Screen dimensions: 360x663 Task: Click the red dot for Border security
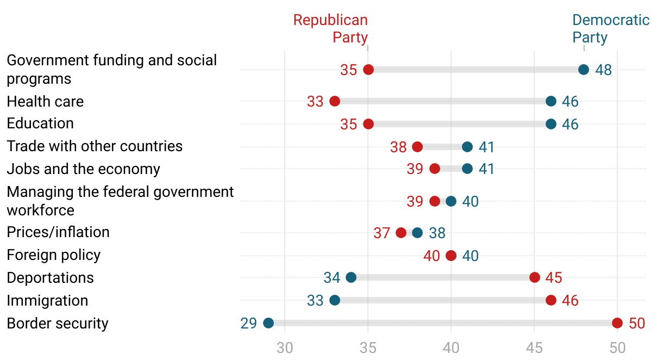pos(617,323)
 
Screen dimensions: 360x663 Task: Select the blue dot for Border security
pos(268,323)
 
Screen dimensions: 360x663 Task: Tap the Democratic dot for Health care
pos(551,101)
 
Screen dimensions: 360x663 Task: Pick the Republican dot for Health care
pos(335,101)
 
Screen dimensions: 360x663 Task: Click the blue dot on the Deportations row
pos(351,277)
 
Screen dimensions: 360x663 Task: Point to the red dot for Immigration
pos(551,300)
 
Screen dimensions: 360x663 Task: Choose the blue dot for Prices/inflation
pos(417,233)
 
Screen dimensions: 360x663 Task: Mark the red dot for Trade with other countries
pos(417,147)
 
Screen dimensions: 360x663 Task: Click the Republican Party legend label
pos(330,29)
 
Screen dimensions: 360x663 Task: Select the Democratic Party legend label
pos(610,29)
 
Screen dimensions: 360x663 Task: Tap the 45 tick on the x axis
pos(534,347)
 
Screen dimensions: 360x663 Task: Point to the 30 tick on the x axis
pos(285,347)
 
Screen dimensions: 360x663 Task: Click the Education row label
pos(40,123)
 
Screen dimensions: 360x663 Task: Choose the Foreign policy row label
pos(53,255)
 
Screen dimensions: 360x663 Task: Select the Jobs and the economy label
pos(83,169)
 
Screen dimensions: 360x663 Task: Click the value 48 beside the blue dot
pos(603,70)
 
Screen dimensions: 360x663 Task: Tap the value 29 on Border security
pos(248,324)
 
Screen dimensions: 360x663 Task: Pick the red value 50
pos(637,324)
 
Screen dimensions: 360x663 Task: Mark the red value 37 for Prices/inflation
pos(381,233)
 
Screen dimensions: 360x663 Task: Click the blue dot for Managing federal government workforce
pos(451,201)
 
